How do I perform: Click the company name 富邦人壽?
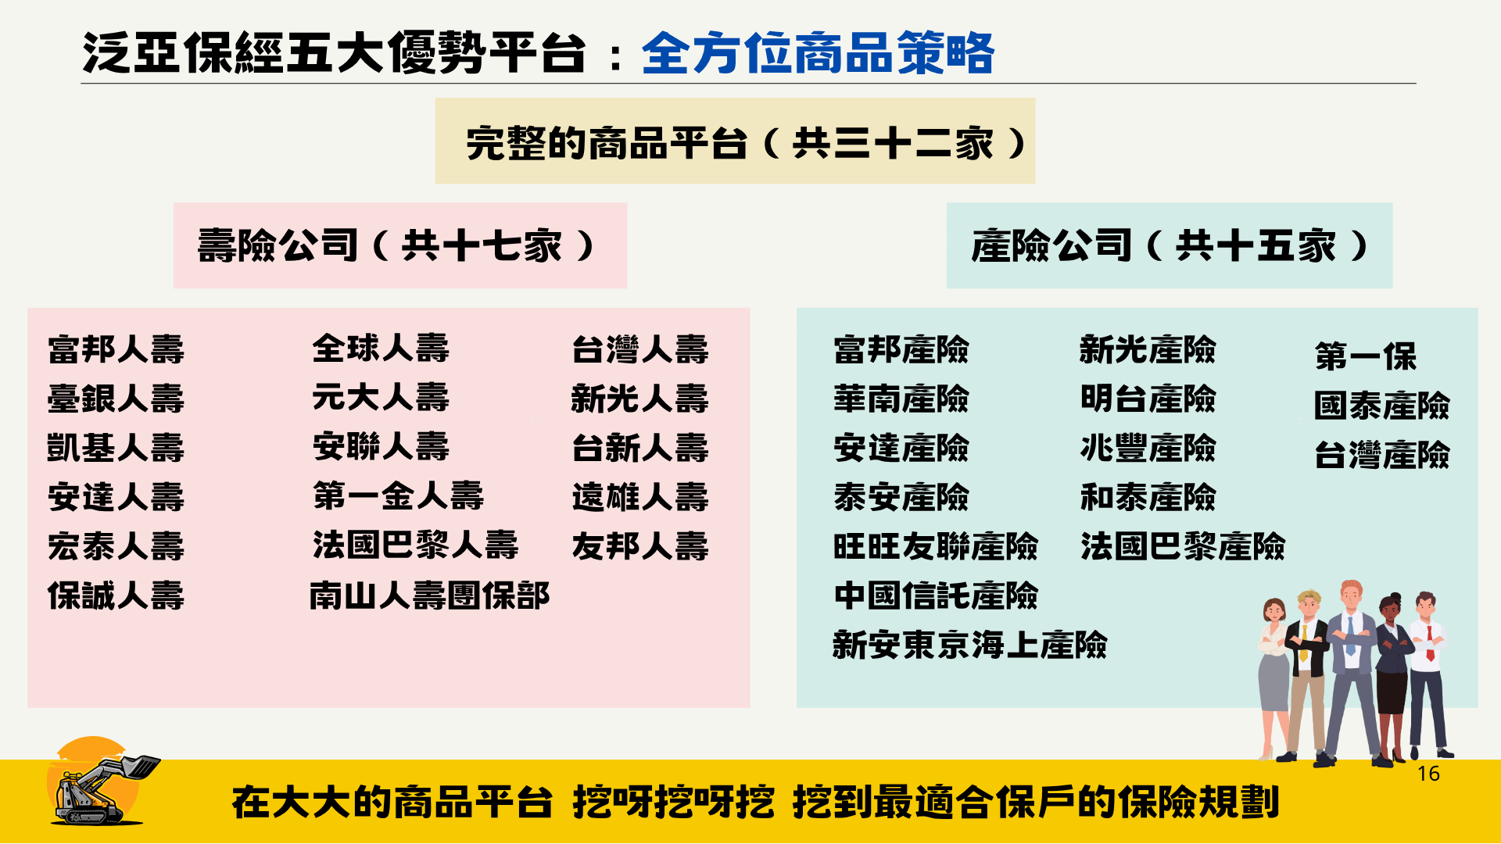(x=116, y=349)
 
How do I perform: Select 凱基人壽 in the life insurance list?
(x=116, y=448)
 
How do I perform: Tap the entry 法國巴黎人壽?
(x=415, y=545)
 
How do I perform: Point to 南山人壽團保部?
(x=430, y=595)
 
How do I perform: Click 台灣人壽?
(x=640, y=349)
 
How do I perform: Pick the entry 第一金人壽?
(x=399, y=496)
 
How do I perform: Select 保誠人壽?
(x=116, y=595)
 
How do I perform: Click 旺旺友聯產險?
(x=936, y=546)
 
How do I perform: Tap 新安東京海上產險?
(x=970, y=645)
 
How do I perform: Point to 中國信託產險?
(x=936, y=595)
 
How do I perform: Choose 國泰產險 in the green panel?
(x=1382, y=406)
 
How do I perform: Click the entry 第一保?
(x=1366, y=356)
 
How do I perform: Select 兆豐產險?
(x=1148, y=448)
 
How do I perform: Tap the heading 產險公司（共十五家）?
(x=1170, y=246)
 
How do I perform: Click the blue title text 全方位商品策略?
(x=818, y=53)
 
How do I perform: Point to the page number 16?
(x=1428, y=774)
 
